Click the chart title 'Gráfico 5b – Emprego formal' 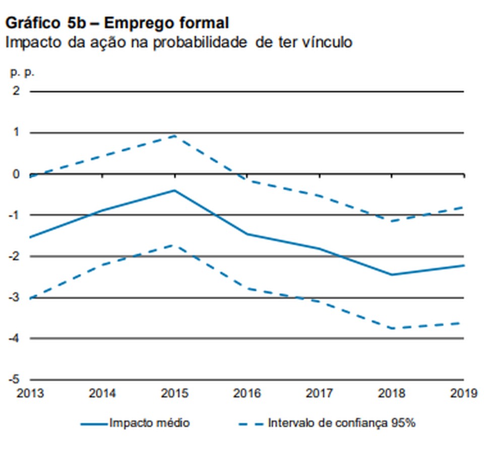click(117, 23)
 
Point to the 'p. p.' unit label click(22, 72)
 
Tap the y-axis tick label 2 click(17, 91)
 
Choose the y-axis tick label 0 click(17, 174)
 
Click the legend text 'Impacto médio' click(149, 423)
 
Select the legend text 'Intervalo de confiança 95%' click(342, 423)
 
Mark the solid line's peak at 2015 click(174, 190)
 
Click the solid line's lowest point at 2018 click(391, 275)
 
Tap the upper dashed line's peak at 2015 click(174, 135)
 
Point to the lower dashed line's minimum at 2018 click(391, 328)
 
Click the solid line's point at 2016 click(247, 234)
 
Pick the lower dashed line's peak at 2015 click(174, 245)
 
